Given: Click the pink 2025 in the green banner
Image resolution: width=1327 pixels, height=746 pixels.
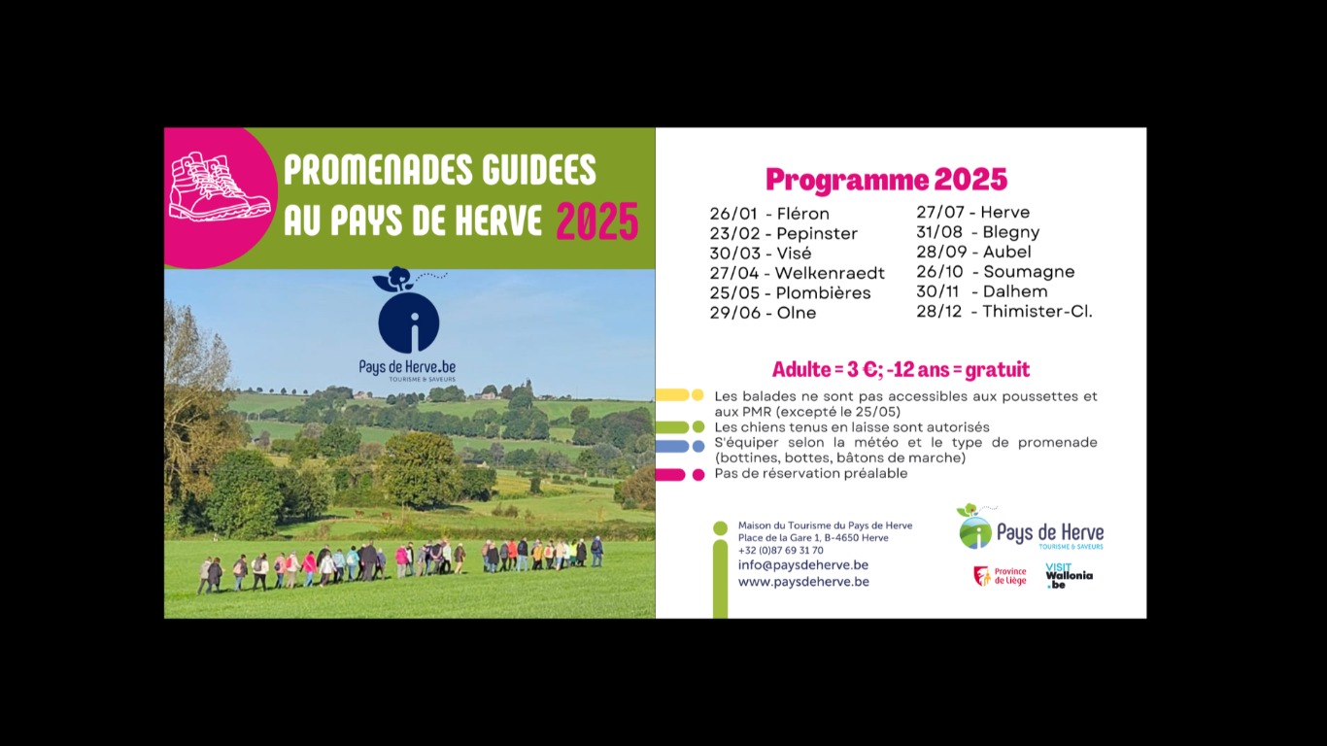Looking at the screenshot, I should pyautogui.click(x=596, y=221).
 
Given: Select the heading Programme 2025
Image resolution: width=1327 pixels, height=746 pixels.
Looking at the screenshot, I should pyautogui.click(x=886, y=180).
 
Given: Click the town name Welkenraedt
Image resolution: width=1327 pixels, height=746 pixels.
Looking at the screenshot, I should pyautogui.click(x=830, y=273).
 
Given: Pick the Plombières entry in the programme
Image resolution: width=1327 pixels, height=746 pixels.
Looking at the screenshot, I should pyautogui.click(x=823, y=293).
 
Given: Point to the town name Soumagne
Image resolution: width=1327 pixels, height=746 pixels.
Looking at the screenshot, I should pyautogui.click(x=1029, y=272).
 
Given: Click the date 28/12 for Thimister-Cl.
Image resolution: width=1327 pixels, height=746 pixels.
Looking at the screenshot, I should pyautogui.click(x=938, y=312).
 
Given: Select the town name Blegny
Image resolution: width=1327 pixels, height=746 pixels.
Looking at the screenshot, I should pyautogui.click(x=1010, y=232).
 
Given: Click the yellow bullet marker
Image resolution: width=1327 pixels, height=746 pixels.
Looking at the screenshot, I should pyautogui.click(x=679, y=395).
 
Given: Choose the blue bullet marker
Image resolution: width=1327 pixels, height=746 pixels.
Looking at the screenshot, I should pyautogui.click(x=679, y=446).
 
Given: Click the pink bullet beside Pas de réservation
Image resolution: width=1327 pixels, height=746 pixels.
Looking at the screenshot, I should pyautogui.click(x=679, y=474).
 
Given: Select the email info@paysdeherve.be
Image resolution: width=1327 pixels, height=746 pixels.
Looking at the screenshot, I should pyautogui.click(x=802, y=564).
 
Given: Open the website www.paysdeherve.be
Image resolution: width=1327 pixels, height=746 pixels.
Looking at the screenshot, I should pyautogui.click(x=802, y=582).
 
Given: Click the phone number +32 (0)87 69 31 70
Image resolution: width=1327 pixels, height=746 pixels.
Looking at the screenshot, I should pyautogui.click(x=780, y=550).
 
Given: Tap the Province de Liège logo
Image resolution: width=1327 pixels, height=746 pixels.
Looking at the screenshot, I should pyautogui.click(x=1000, y=576).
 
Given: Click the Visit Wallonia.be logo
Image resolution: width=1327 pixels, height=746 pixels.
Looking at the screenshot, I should pyautogui.click(x=1069, y=576).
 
